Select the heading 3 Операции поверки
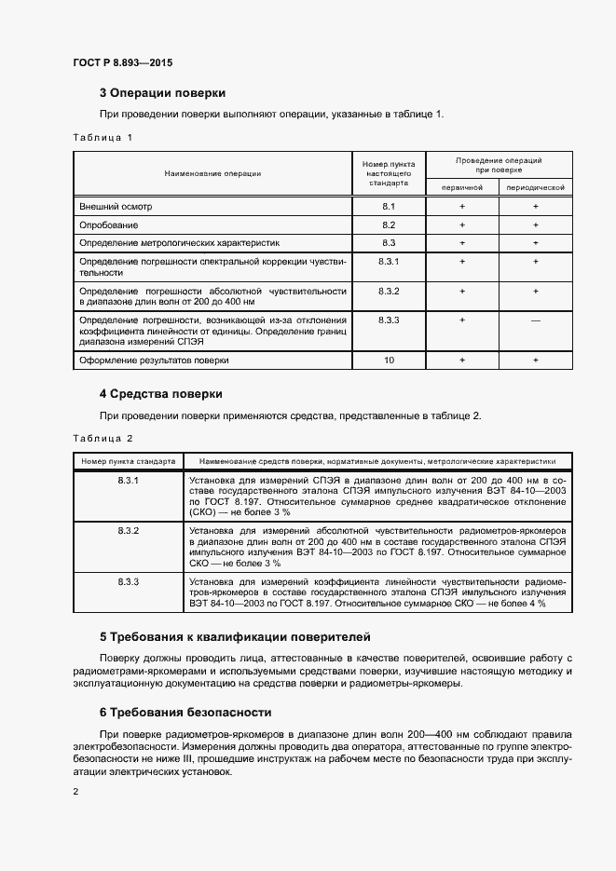(x=162, y=93)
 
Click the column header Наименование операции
(x=212, y=173)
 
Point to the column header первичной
(x=461, y=187)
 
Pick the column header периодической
(x=535, y=187)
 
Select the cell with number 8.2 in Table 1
(x=389, y=225)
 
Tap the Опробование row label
(x=109, y=225)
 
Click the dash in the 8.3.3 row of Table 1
(x=535, y=320)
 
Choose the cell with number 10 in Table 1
(x=389, y=360)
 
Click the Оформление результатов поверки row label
(x=154, y=360)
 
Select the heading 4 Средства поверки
(x=160, y=394)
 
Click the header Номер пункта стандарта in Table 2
(x=128, y=460)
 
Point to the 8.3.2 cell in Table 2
(x=128, y=530)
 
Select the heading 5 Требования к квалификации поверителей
(x=235, y=638)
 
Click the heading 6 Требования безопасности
(x=185, y=713)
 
